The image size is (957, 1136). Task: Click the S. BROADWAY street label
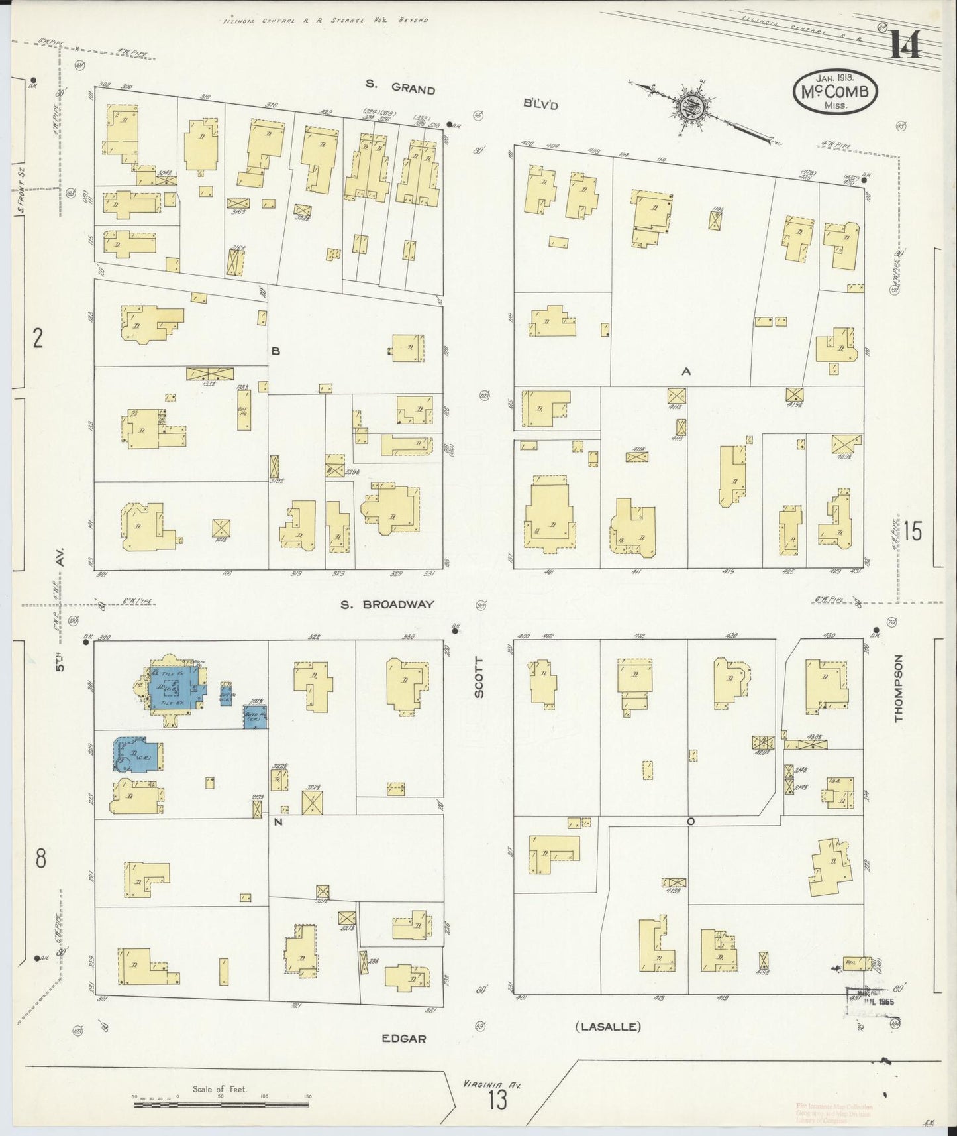(x=387, y=604)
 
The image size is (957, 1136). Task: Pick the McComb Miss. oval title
(x=835, y=93)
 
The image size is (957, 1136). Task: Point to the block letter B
(x=276, y=351)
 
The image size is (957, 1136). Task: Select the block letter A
(x=686, y=372)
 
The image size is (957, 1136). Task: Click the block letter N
(x=277, y=822)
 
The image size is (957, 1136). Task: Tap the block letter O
(x=690, y=821)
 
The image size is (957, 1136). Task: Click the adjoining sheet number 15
(x=912, y=532)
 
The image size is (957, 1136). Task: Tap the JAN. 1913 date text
(x=834, y=78)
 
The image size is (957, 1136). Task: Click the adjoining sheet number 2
(x=38, y=339)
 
